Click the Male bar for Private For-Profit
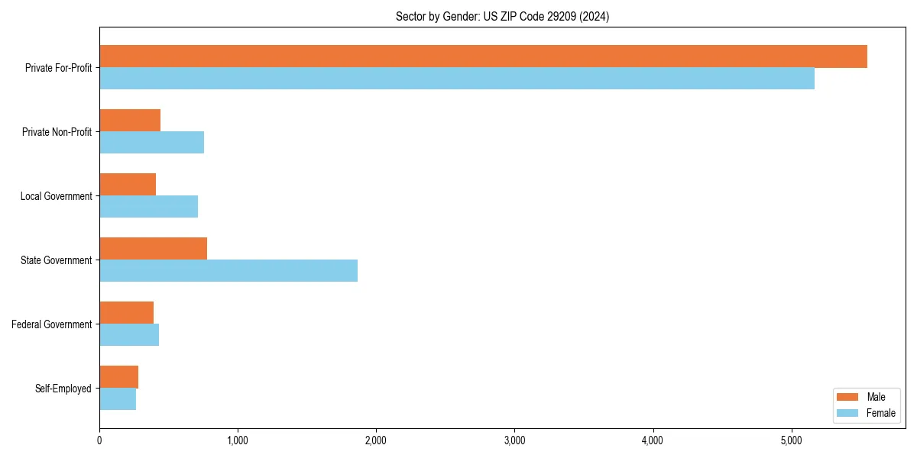pos(483,56)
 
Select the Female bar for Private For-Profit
pos(457,79)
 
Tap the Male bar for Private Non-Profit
pos(130,121)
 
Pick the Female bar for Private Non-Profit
pos(151,143)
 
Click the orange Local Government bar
pos(128,185)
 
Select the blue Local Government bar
pos(148,207)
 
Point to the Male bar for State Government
pos(153,249)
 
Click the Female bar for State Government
pos(228,271)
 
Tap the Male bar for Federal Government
pos(126,313)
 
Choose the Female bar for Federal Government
pos(129,335)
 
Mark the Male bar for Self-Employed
pos(118,377)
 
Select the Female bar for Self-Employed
pos(118,399)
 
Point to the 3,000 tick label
pos(514,440)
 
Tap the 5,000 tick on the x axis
pos(791,440)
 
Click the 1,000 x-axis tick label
pos(238,440)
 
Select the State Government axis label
pos(56,260)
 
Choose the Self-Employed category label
pos(63,389)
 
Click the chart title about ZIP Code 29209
pos(502,16)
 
